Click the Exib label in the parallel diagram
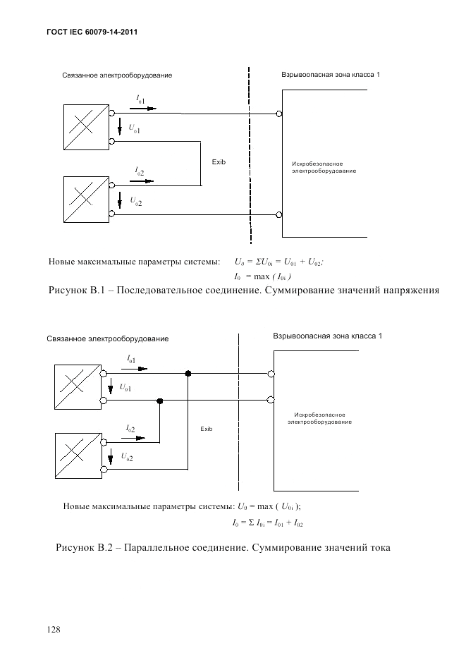pos(206,429)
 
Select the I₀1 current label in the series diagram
pos(141,102)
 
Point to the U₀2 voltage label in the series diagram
pos(135,202)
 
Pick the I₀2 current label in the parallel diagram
pos(131,429)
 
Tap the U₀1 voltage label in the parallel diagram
pos(125,387)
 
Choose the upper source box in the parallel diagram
pos(76,385)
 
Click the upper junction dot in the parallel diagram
pos(188,373)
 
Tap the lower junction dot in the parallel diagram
pos(160,401)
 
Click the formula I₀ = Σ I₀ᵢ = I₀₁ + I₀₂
pos(267,523)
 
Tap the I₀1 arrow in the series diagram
pos(147,110)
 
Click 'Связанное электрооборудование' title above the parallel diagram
pos(108,339)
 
